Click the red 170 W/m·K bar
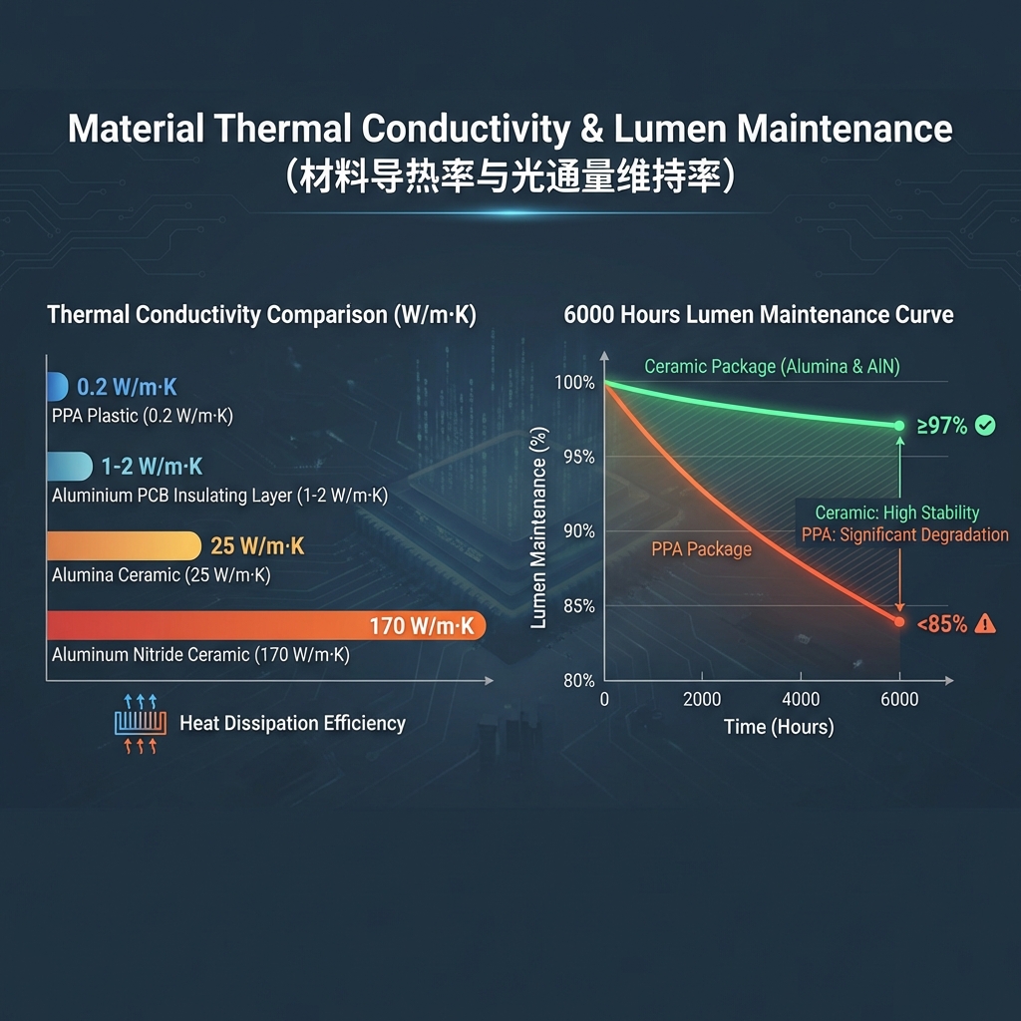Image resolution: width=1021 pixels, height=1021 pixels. (265, 626)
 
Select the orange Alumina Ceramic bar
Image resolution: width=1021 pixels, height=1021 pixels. (124, 545)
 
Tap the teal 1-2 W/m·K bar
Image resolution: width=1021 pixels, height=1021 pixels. (69, 466)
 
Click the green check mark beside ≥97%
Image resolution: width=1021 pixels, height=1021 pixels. (985, 427)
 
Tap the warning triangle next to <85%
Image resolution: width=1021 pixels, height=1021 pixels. (985, 624)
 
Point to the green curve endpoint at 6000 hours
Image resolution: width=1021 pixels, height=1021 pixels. (899, 426)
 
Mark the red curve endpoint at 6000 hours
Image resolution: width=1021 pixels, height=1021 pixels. (899, 622)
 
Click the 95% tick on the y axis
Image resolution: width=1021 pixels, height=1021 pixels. (578, 457)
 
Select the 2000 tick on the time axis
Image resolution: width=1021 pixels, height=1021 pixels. (702, 700)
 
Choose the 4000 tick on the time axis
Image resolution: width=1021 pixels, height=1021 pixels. (801, 700)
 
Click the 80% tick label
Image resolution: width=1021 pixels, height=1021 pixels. (578, 681)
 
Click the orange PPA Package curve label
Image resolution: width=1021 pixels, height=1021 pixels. (701, 549)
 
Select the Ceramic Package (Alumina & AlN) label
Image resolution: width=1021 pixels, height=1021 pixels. (772, 367)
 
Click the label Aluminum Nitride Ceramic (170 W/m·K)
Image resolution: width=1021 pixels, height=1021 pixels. (200, 656)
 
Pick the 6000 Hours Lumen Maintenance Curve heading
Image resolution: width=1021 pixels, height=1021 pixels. (758, 315)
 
